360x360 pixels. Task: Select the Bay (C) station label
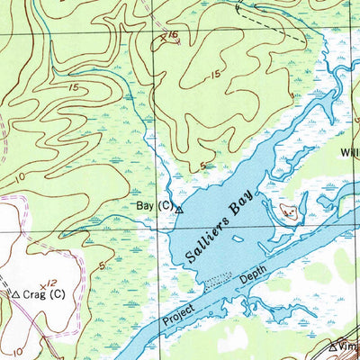(153, 206)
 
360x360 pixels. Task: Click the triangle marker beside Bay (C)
(178, 209)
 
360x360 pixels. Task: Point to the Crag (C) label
(44, 293)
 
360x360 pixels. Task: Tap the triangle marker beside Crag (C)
(14, 293)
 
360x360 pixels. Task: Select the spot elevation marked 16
(168, 37)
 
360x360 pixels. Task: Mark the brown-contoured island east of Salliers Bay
(290, 212)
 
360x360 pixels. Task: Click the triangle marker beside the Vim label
(332, 346)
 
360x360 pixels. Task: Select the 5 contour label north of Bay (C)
(203, 164)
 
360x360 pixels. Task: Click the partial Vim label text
(349, 346)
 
